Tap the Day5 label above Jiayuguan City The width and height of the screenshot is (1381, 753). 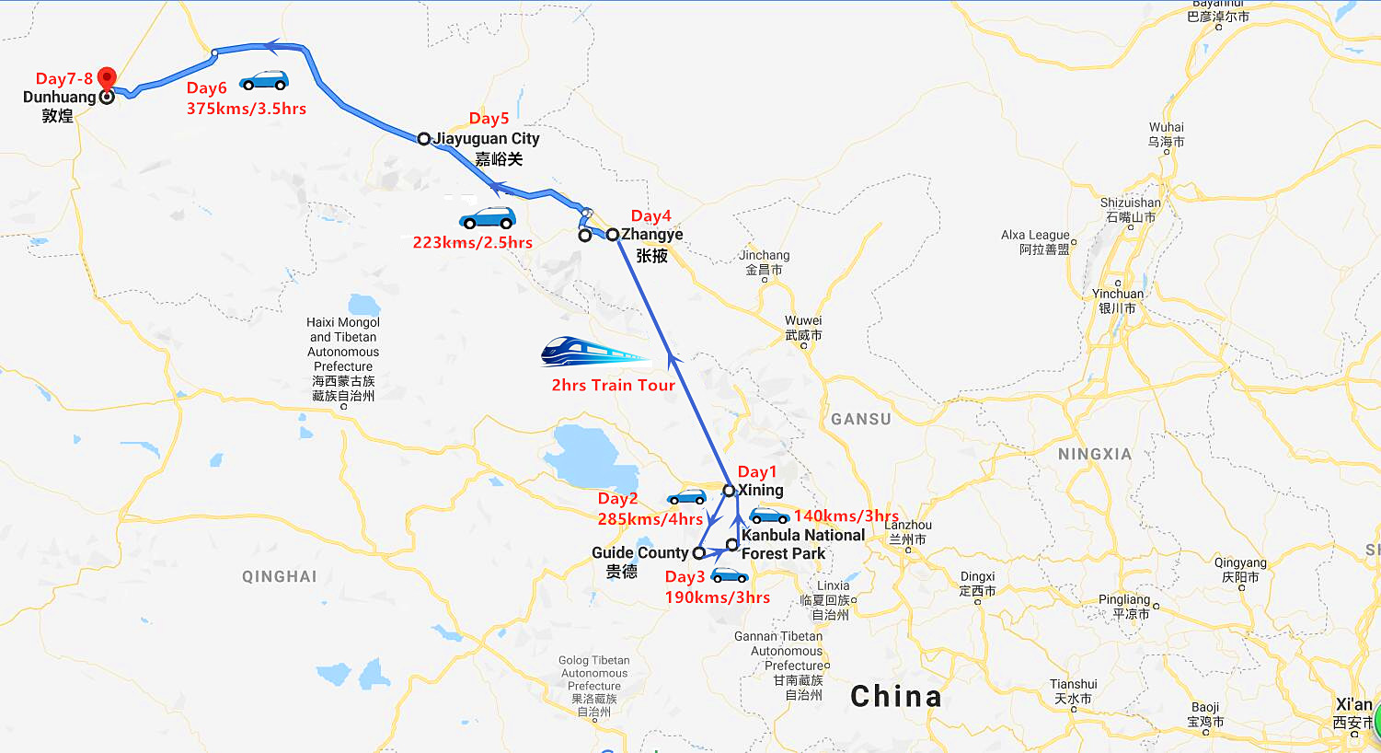489,118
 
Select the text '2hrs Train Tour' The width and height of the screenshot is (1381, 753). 613,385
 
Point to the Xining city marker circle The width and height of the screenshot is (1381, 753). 729,491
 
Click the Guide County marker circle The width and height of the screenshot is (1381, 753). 698,553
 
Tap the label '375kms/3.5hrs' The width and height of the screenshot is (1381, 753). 247,109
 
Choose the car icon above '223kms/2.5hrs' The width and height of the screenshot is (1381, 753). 487,218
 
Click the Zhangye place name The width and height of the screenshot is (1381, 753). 652,235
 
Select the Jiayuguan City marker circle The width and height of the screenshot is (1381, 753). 423,139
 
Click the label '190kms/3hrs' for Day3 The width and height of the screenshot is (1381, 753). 718,597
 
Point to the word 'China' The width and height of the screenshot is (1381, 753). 895,697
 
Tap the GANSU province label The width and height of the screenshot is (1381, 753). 861,419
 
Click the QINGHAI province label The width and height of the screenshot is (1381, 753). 280,576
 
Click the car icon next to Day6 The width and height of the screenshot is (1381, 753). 263,81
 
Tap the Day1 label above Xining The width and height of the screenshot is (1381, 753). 757,472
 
